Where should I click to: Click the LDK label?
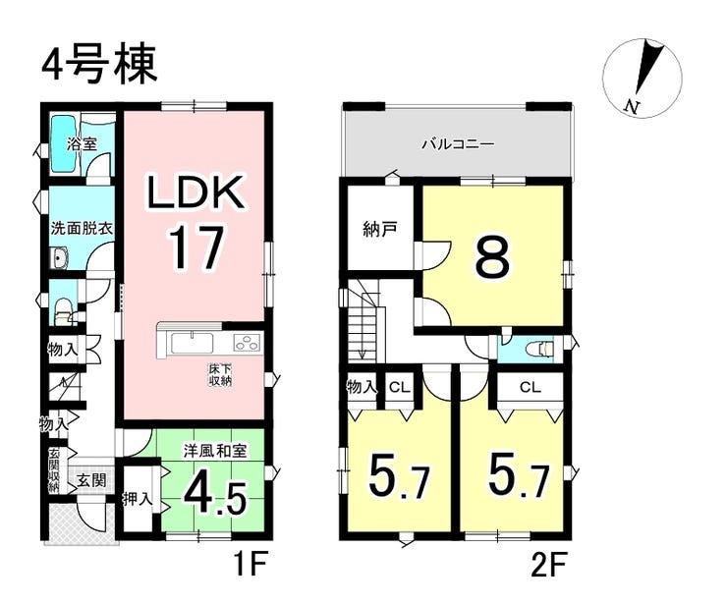(x=195, y=193)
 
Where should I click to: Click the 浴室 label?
(x=82, y=143)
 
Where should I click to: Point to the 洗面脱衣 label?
(x=83, y=228)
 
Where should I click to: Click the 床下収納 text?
(x=219, y=375)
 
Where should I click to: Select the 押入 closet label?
(x=137, y=498)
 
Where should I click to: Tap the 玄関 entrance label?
(x=91, y=480)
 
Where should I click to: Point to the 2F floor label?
(x=547, y=566)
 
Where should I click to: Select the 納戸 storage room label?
(x=380, y=231)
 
